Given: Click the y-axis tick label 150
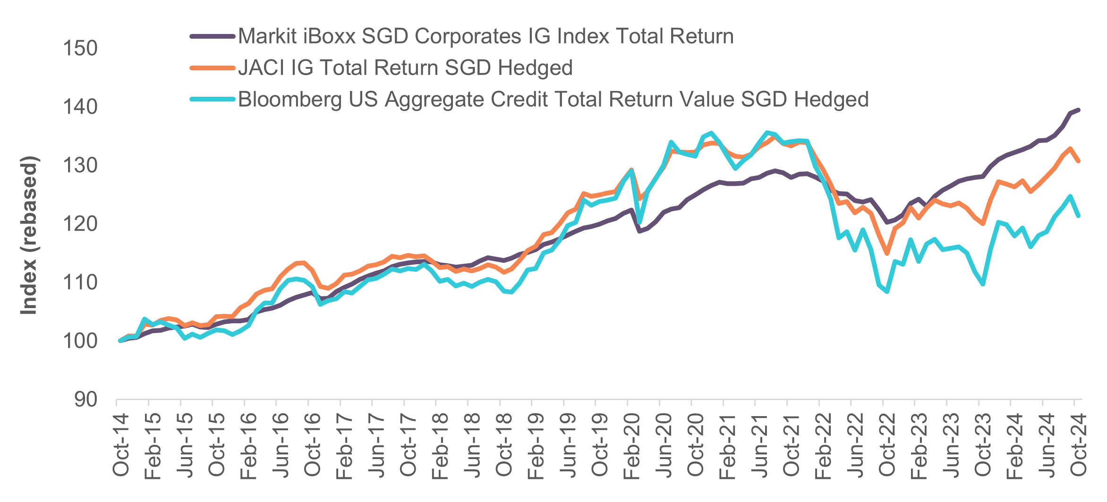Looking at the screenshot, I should (80, 48).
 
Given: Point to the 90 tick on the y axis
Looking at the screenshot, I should (85, 400).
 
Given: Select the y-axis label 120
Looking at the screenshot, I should (80, 224).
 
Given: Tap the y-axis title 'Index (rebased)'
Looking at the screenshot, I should (29, 235).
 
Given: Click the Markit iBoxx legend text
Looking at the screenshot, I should (485, 36).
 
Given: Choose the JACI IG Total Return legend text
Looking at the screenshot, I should (405, 67).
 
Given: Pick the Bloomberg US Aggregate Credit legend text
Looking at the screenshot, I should (553, 99).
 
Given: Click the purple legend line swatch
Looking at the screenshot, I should (213, 36).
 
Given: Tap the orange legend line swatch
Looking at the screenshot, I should (213, 68).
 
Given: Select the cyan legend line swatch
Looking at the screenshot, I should (213, 99).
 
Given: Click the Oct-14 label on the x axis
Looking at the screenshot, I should (121, 444).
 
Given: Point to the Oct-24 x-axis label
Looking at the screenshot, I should (1079, 444).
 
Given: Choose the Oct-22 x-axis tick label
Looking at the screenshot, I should (887, 444).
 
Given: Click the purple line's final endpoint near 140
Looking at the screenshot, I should (1078, 110).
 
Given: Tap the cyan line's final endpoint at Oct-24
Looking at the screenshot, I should (1078, 216).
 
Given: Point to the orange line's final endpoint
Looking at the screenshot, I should (1078, 161).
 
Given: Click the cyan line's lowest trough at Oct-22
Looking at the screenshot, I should (887, 292).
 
